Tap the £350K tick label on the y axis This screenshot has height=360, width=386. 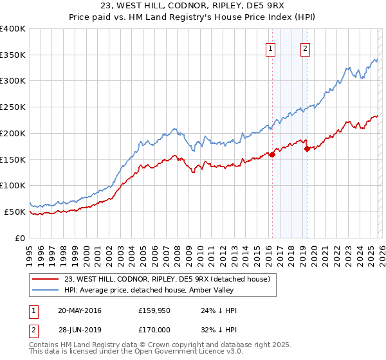click(13, 55)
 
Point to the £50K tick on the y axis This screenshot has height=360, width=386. click(15, 212)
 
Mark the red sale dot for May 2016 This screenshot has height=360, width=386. click(272, 154)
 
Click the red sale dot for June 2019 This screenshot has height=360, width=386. click(308, 149)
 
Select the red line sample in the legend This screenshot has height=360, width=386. click(45, 279)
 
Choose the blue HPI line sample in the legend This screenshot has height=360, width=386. click(45, 290)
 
